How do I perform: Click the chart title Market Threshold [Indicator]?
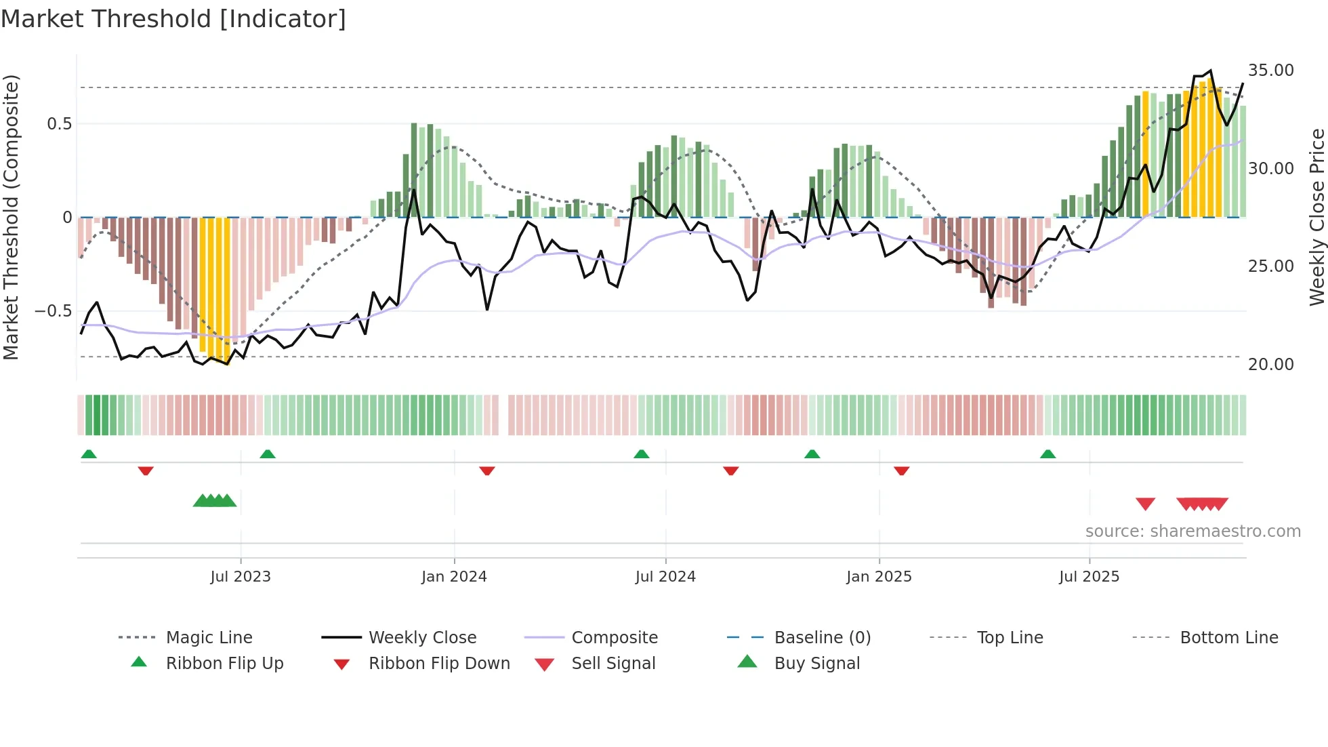pos(173,19)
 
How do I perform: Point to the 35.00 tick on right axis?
pos(1270,70)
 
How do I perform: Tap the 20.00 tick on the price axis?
pos(1270,365)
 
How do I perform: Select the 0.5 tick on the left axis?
pos(59,124)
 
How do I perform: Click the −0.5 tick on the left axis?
pos(53,311)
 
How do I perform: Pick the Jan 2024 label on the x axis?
pos(454,577)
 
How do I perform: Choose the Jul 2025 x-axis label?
pos(1089,577)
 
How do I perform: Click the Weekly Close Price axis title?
pos(1316,217)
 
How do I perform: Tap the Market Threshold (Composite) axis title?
pos(11,217)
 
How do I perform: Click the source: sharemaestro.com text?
pos(1192,531)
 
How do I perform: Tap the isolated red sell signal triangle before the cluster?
pos(1145,504)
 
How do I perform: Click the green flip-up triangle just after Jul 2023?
pos(268,454)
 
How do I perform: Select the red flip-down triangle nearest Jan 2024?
pos(486,470)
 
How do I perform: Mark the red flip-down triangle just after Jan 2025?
pos(901,470)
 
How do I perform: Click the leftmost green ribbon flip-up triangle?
pos(89,454)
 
